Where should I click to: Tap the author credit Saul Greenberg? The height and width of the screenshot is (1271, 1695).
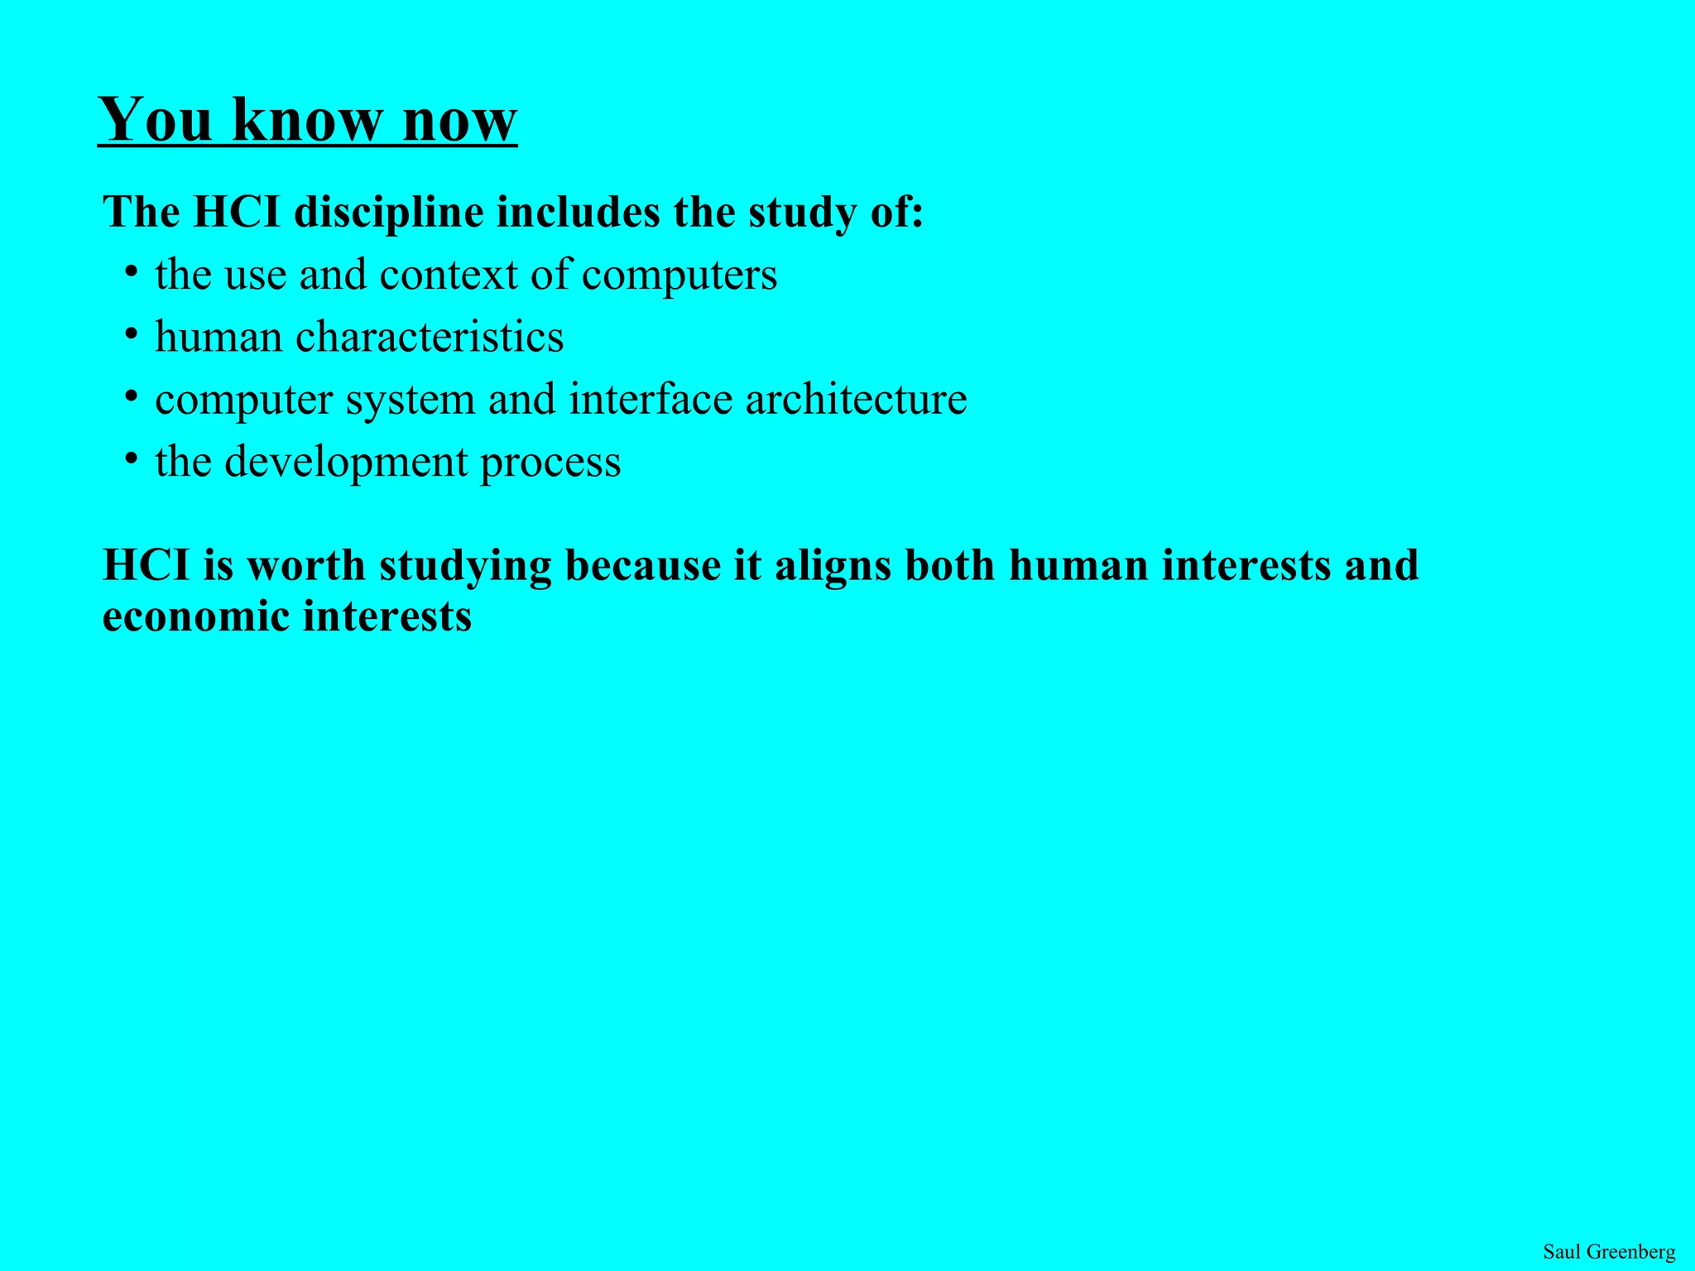click(1609, 1251)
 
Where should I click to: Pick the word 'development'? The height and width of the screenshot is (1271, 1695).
click(346, 462)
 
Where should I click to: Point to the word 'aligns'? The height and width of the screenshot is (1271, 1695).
click(833, 567)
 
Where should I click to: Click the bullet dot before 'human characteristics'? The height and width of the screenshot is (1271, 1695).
click(131, 333)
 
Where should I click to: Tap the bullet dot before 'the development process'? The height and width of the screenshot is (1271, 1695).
click(131, 458)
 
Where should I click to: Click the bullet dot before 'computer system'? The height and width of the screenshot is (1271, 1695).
click(131, 395)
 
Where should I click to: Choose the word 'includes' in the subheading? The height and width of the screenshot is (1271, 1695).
click(578, 212)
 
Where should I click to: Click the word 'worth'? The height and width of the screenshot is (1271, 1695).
click(306, 565)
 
